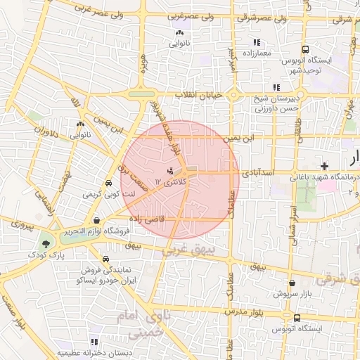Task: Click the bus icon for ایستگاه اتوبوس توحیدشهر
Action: click(305, 49)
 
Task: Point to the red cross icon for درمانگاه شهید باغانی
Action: click(323, 166)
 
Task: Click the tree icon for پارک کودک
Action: click(46, 243)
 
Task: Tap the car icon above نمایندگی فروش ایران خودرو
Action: click(105, 258)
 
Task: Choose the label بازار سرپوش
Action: click(291, 292)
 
